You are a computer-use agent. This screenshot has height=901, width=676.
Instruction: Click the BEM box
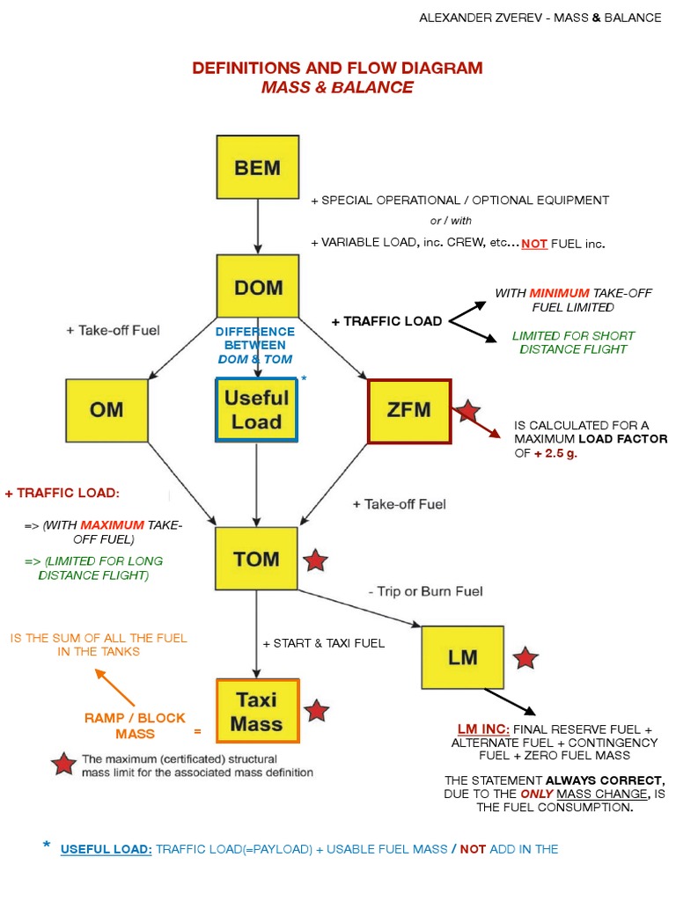click(257, 166)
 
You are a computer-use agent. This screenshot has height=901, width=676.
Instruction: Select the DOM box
click(257, 286)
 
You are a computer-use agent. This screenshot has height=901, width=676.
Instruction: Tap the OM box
click(106, 409)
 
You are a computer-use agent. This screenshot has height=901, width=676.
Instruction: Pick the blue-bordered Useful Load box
click(256, 409)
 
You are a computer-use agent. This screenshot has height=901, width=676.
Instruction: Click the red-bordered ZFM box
click(409, 410)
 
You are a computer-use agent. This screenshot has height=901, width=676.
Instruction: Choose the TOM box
click(257, 559)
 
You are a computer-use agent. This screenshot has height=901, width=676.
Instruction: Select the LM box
click(462, 656)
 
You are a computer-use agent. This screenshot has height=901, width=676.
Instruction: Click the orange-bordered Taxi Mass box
click(257, 711)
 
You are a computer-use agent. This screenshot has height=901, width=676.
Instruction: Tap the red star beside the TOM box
click(315, 560)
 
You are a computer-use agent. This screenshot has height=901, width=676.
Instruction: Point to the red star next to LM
click(525, 657)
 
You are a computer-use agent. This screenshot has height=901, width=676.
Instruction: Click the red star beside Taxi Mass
click(316, 711)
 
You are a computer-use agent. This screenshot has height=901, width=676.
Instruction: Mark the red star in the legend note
click(63, 764)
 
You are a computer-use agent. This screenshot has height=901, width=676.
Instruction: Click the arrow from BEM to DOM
click(257, 226)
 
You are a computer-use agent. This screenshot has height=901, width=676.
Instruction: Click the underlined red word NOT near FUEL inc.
click(534, 244)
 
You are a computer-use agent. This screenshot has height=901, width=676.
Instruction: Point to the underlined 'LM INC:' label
click(483, 729)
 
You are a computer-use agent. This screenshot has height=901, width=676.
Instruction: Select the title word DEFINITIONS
click(243, 69)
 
